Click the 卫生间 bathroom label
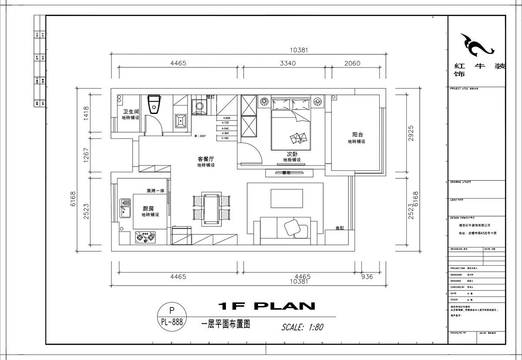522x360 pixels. pos(130,111)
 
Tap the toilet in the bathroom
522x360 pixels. pos(154,104)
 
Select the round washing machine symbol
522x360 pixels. pos(199,106)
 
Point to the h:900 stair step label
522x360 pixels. pos(226,118)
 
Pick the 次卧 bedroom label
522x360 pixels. pos(291,154)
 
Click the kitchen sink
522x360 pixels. pos(126,209)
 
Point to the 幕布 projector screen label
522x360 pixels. pos(286,173)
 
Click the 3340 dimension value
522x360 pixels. pos(288,63)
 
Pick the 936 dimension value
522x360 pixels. pos(367,277)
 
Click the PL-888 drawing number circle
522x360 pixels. pos(171,316)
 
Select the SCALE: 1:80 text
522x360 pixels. pos(302,327)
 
